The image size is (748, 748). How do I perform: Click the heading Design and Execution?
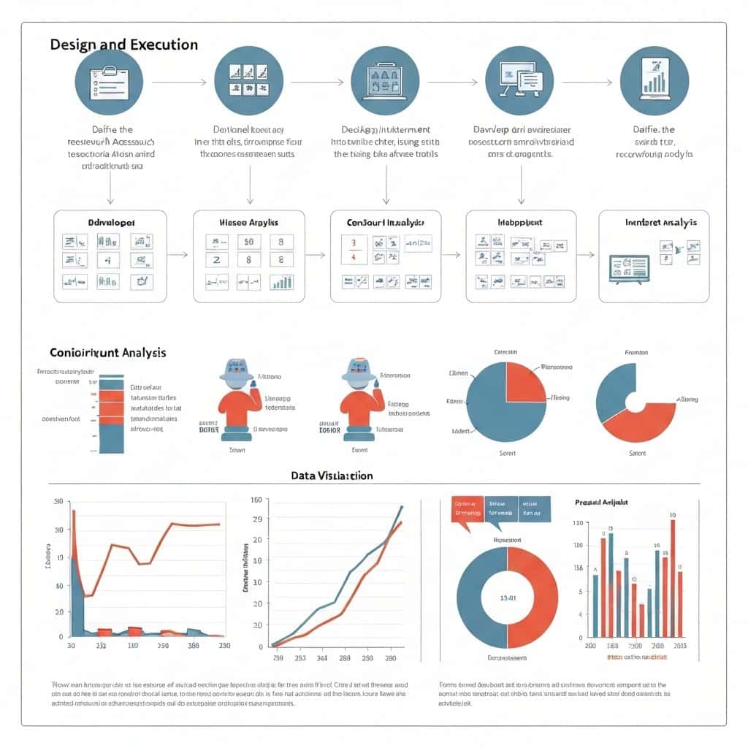pos(123,45)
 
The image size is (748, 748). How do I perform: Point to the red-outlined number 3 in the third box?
pos(354,243)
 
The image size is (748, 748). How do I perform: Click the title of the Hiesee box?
pos(248,221)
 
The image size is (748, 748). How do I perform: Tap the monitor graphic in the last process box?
pos(629,267)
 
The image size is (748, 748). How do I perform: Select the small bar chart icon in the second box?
pos(281,281)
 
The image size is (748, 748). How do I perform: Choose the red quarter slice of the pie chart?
pos(524,377)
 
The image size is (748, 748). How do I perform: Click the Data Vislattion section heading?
pos(332,476)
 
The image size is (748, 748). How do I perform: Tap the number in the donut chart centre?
pos(508,598)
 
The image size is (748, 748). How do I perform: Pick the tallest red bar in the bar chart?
pos(672,577)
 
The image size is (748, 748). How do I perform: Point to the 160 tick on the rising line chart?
pos(256,500)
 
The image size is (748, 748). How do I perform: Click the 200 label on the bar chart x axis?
pos(590,646)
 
